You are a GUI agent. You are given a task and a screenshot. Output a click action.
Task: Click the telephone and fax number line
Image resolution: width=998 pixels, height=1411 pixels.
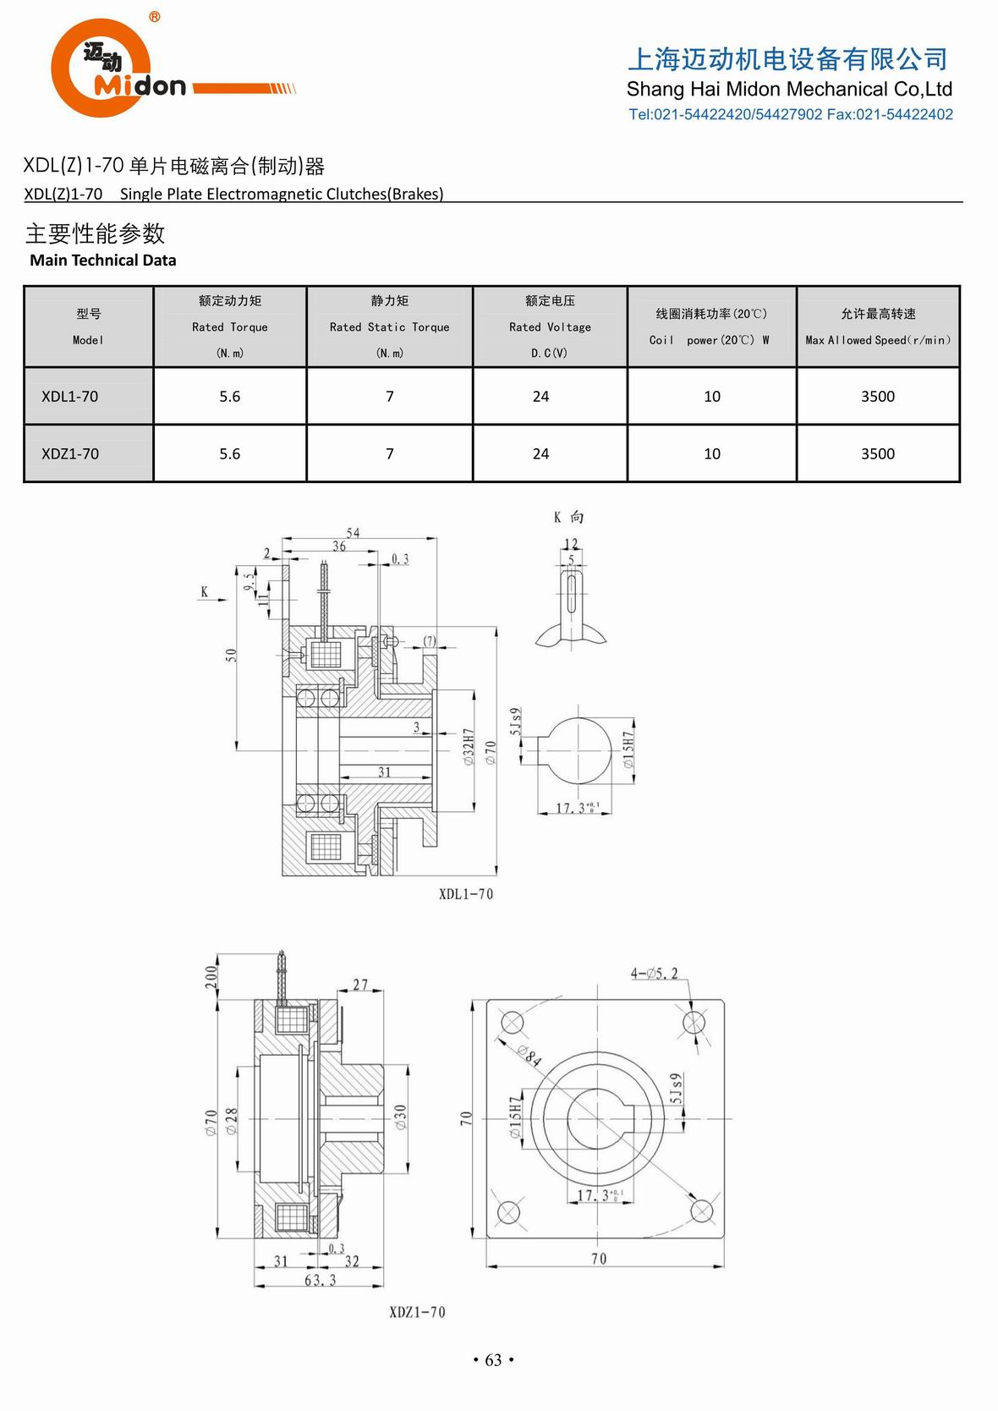pos(790,115)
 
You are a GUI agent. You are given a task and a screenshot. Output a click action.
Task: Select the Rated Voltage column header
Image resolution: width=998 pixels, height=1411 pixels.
pos(550,327)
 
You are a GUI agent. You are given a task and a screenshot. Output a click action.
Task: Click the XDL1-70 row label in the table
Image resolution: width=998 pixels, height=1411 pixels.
pos(70,397)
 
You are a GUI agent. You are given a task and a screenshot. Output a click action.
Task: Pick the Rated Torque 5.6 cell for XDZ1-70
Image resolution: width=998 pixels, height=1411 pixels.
pos(230,454)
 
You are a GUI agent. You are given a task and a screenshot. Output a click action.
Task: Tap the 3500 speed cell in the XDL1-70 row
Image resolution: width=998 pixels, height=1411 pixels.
pos(877,397)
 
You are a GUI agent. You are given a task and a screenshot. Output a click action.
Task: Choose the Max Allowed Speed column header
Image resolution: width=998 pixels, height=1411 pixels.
pos(877,327)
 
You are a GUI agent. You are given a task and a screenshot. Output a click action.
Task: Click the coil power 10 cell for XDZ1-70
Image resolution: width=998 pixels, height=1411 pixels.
pos(712,454)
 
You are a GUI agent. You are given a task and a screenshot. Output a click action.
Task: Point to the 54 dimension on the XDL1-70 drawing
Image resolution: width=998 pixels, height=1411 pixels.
pos(353,533)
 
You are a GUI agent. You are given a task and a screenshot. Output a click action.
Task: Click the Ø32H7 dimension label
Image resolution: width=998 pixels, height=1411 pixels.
pos(469,748)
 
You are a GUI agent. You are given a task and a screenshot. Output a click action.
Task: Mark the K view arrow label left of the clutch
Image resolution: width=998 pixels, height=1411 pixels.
pos(204,592)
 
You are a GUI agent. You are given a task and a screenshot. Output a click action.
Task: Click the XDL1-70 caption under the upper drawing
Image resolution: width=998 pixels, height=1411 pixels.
pos(465,894)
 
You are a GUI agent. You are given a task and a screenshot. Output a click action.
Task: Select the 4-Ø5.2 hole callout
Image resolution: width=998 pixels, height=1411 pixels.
pos(654,974)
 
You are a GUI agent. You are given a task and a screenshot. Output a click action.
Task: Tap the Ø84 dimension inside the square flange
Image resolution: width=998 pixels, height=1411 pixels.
pos(530,1054)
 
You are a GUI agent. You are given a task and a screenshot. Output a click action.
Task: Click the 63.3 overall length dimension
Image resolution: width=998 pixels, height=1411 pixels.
pos(320,1281)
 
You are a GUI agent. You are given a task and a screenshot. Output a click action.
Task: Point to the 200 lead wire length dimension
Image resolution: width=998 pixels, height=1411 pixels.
pos(211,978)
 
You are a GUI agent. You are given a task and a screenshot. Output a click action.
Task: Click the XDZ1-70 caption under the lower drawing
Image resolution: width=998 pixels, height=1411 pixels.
pos(417,1312)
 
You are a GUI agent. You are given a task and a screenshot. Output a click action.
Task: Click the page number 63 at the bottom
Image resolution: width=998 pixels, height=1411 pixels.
pos(493,1360)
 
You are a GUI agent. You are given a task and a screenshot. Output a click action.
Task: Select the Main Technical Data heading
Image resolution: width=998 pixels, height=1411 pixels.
pos(103,261)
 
